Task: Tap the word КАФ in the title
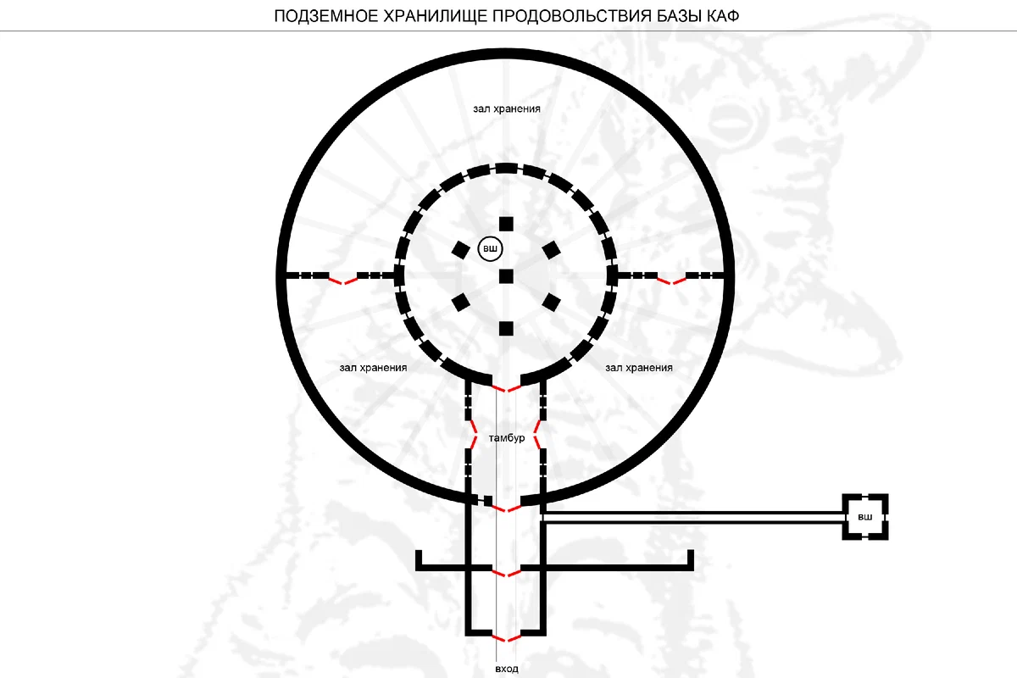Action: tap(722, 16)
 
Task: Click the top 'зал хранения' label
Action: tap(507, 109)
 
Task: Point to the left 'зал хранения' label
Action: tap(373, 368)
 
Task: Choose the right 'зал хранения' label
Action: tap(639, 368)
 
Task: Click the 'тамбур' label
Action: tap(507, 438)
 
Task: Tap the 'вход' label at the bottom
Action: tap(507, 669)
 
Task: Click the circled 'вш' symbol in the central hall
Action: tap(491, 249)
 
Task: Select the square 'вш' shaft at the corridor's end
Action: tap(865, 517)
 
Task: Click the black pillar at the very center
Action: tap(506, 276)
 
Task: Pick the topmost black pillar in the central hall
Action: tap(506, 224)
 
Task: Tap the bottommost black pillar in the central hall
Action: tap(506, 328)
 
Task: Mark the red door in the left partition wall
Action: tap(343, 281)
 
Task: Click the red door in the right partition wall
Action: tap(671, 281)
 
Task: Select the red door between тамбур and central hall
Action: tap(506, 388)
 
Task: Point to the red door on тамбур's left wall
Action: tap(473, 435)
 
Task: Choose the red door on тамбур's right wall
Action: tap(537, 435)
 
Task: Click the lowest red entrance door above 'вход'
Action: tap(506, 638)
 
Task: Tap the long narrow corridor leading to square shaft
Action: tap(693, 518)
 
